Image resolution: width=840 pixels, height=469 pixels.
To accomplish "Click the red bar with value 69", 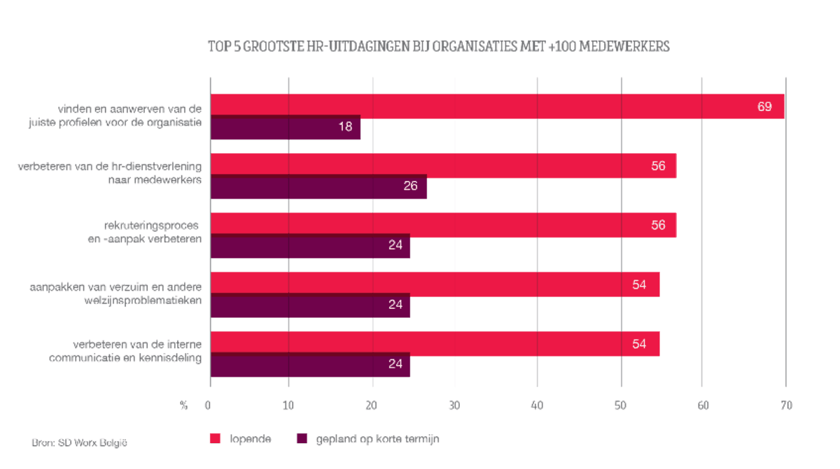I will (x=497, y=106).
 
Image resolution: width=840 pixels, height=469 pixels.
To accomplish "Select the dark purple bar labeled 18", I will (x=285, y=128).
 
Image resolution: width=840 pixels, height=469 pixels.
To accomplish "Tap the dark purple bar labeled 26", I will (x=318, y=187).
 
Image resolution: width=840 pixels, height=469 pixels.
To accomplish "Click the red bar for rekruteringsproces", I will (x=443, y=225).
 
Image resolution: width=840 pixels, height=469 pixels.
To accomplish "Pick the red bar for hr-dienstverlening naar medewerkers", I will (x=443, y=166).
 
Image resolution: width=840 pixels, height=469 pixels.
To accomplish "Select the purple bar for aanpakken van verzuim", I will (x=310, y=305).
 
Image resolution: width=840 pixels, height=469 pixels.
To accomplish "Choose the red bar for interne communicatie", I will (x=435, y=344).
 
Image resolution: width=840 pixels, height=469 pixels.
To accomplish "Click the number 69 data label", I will (x=764, y=107).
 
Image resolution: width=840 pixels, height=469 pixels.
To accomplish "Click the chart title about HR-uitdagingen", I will (x=439, y=47).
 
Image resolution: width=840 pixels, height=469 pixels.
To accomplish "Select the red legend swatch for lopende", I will (x=216, y=439).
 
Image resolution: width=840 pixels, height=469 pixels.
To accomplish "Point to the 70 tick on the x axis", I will (x=786, y=405).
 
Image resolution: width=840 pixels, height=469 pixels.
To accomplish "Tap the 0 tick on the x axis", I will (x=208, y=405).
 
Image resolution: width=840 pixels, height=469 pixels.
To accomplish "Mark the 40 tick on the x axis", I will (x=537, y=405).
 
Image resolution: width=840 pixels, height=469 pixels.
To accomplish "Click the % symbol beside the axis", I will (x=183, y=405).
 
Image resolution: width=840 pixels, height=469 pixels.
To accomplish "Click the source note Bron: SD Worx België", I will (x=80, y=442).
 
